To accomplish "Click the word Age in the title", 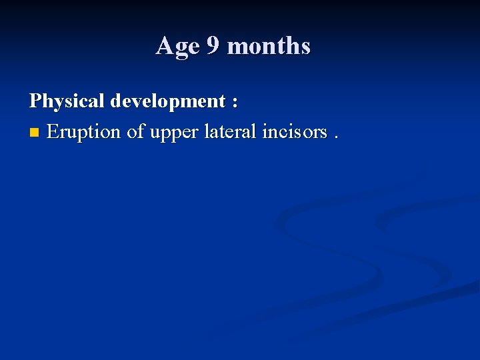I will click(177, 47).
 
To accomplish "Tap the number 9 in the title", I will click(213, 46).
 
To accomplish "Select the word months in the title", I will click(269, 47).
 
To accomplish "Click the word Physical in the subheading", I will click(67, 101).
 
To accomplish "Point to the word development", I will click(168, 102).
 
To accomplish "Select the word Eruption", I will click(85, 132).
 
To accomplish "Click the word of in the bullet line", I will click(136, 132).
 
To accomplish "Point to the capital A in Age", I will click(163, 46).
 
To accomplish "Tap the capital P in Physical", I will click(35, 101).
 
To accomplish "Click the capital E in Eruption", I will click(53, 132).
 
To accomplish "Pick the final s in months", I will click(305, 48).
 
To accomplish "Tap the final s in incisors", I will click(324, 133).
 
